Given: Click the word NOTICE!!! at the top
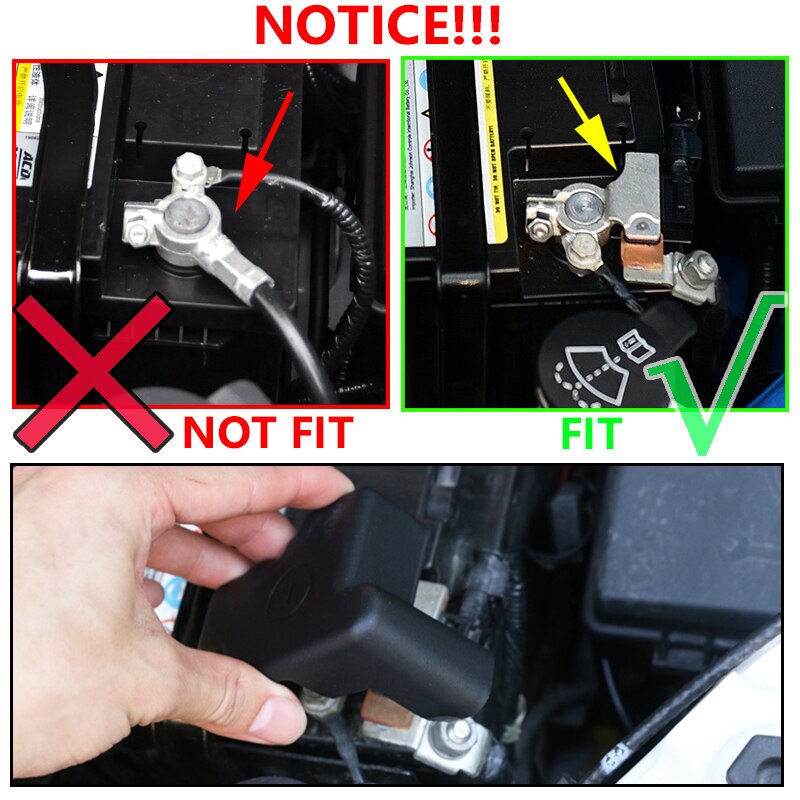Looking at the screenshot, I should pos(378,26).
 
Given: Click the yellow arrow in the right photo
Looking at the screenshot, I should pos(592,124).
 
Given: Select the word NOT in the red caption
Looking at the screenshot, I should pos(231,433).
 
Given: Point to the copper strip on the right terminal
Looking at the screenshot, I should pos(641,256).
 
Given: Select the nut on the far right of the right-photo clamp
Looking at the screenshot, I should pos(701,268).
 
